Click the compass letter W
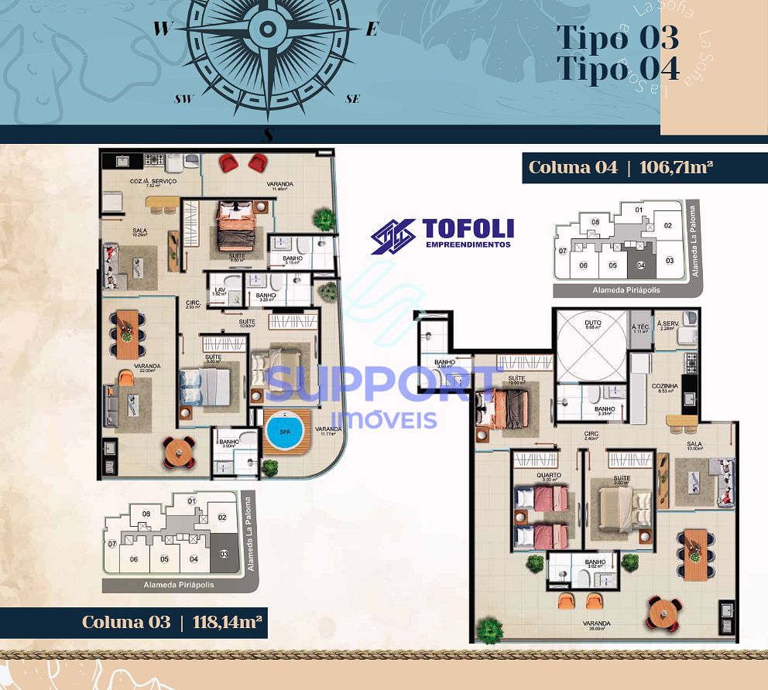pos(162,29)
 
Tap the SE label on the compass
pos(352,99)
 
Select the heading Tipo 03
pos(617,37)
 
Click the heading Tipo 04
pos(617,68)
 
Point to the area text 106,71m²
pos(676,167)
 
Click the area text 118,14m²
pos(225,622)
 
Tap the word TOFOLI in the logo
pos(468,229)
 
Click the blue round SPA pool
pos(286,432)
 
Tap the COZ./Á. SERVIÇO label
pos(153,181)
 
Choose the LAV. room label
pos(219,289)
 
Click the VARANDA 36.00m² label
pos(597,623)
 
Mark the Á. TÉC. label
pos(639,325)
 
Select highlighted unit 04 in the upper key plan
pos(640,265)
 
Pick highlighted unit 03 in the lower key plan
pos(225,554)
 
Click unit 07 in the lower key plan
pos(111,544)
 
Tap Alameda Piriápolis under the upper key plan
pos(619,290)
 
